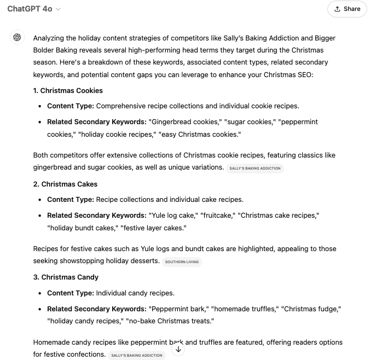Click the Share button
tap(347, 9)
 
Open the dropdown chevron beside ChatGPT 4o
tap(59, 9)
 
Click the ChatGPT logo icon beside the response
tap(17, 38)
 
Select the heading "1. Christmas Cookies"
tap(68, 90)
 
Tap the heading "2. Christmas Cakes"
tap(65, 184)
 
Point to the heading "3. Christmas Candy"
tap(66, 277)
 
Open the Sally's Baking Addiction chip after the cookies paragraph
tap(255, 169)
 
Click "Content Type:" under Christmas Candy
tap(70, 293)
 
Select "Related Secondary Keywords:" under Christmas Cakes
tap(97, 215)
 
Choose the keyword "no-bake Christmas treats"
tap(170, 321)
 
